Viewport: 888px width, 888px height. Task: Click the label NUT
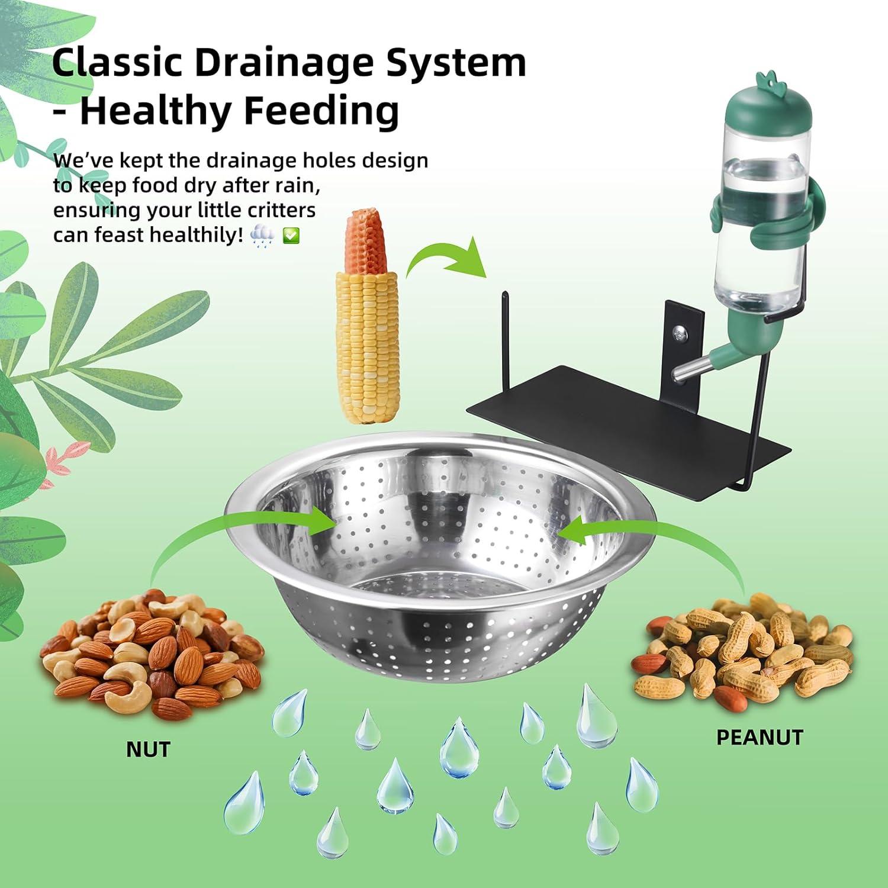pyautogui.click(x=148, y=749)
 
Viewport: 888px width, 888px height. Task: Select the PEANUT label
pyautogui.click(x=760, y=737)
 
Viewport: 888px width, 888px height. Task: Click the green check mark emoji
pyautogui.click(x=292, y=236)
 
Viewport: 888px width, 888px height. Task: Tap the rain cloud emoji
pyautogui.click(x=262, y=236)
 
